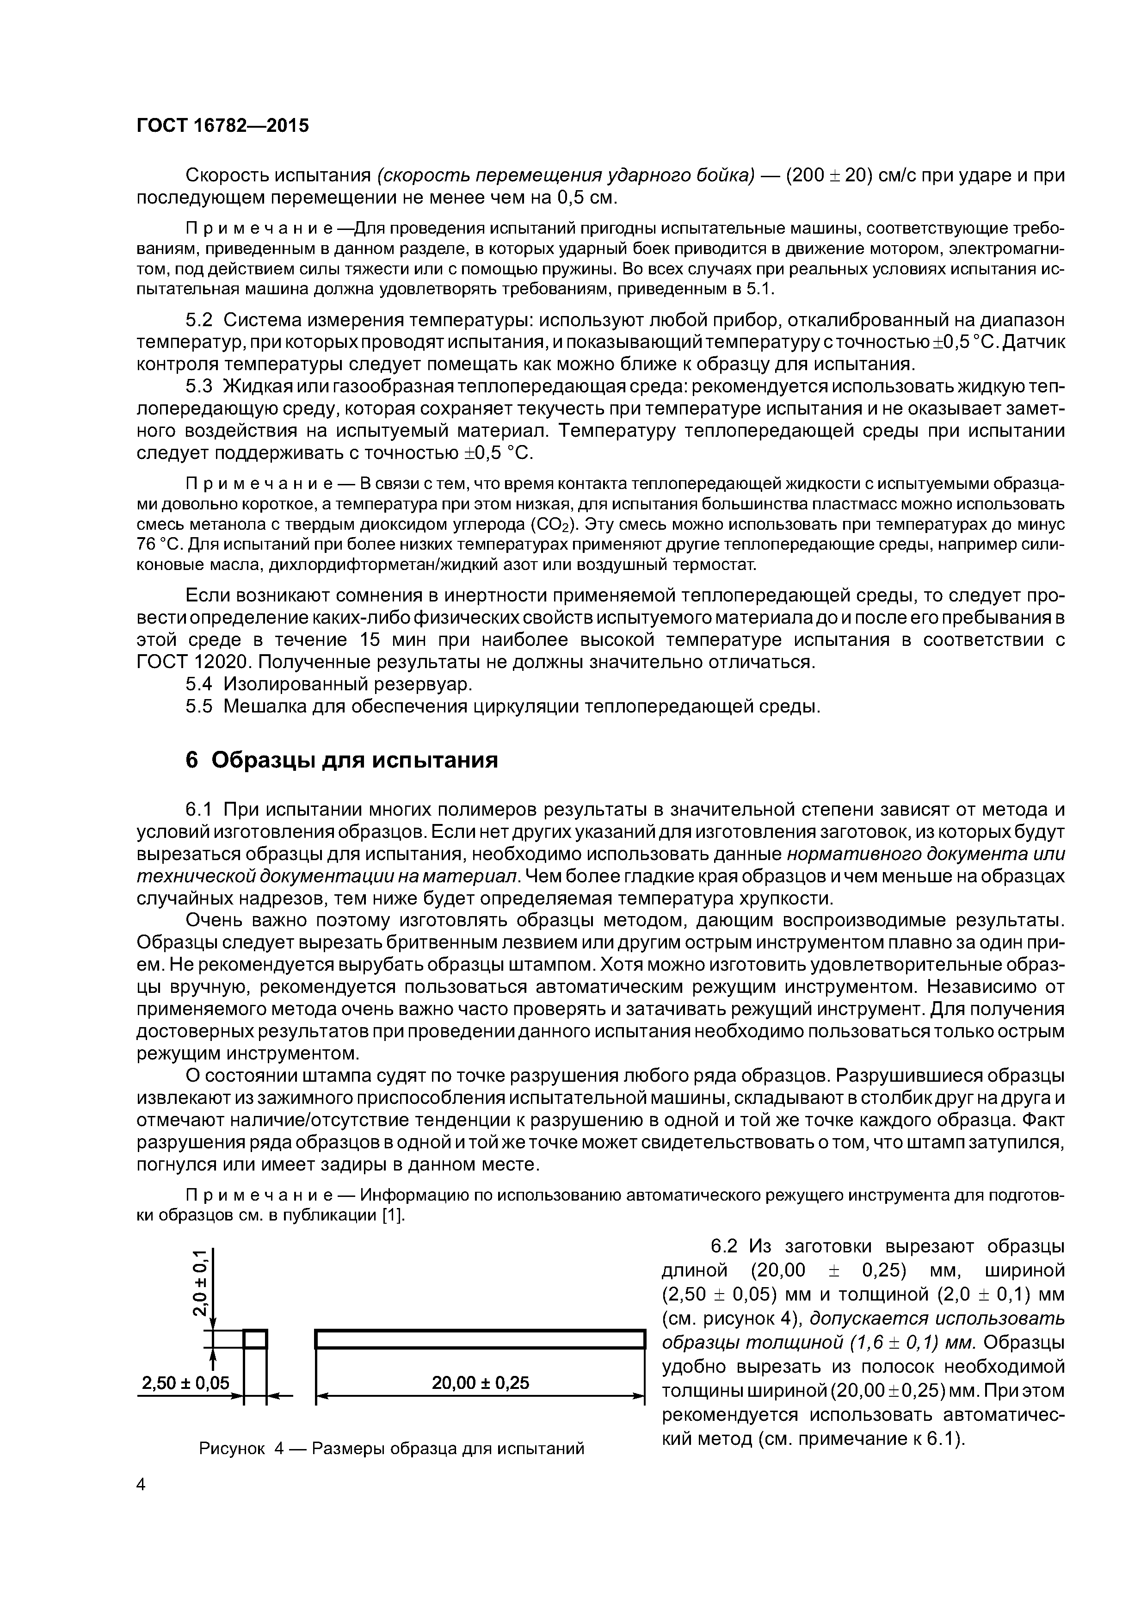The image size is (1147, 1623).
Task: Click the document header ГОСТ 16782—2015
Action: pos(222,126)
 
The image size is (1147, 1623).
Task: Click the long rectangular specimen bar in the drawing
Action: pos(481,1339)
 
